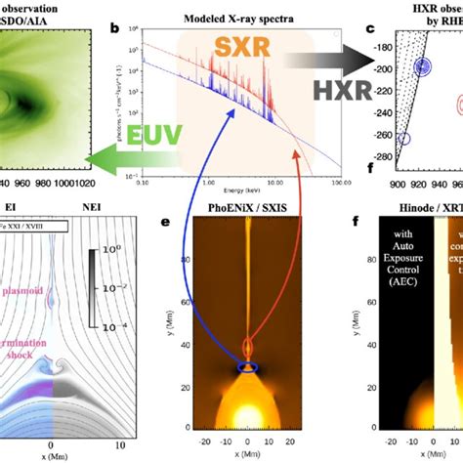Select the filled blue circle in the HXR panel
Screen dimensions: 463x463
pos(422,66)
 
